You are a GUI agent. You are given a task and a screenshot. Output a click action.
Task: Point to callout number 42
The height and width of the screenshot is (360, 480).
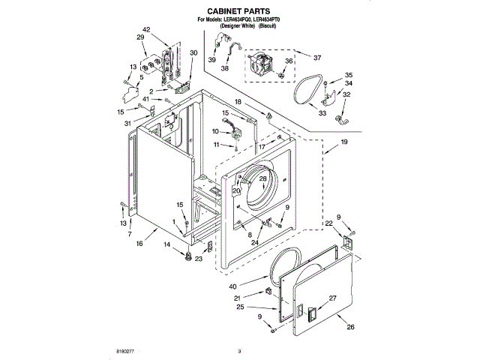tap(145, 29)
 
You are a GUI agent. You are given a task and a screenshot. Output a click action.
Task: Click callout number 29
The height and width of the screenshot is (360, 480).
tap(140, 37)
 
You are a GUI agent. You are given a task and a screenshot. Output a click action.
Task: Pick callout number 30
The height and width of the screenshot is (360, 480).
tap(193, 53)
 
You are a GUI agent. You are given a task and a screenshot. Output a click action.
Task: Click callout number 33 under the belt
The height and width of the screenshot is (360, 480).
tap(322, 113)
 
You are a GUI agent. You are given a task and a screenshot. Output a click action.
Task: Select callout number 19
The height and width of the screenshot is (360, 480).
tap(343, 142)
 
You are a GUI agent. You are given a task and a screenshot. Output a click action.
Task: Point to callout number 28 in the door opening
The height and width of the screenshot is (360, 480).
tap(262, 179)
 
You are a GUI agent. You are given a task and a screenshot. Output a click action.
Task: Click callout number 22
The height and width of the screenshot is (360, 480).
tap(328, 223)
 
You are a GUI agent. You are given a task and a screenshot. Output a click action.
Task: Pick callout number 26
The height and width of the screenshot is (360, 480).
tap(349, 326)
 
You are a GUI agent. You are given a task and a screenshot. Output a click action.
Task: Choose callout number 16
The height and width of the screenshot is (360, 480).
tap(139, 243)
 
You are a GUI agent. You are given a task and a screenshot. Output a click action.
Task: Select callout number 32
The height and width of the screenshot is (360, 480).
tap(346, 95)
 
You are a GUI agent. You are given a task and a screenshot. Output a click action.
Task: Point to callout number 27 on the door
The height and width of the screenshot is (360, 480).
tap(334, 298)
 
